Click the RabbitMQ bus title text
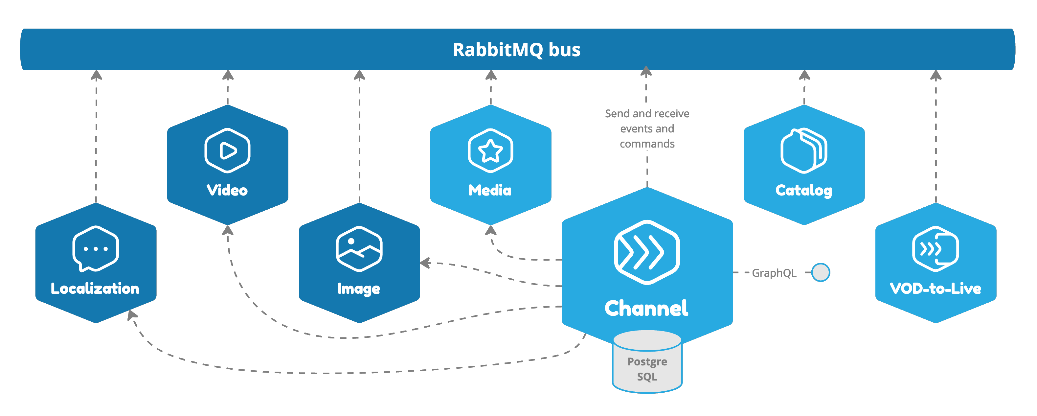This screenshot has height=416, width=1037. coord(516,50)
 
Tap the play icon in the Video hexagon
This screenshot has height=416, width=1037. coord(227,150)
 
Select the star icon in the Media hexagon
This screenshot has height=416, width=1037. coord(490,150)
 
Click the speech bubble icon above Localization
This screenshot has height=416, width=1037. coord(96,248)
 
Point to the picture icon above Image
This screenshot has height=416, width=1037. coord(359,248)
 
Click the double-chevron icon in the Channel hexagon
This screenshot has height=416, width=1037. coord(646,252)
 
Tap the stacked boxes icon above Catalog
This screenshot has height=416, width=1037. coord(803,150)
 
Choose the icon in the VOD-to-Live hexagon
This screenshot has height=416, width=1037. coord(935,248)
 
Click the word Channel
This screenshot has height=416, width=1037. coord(646,309)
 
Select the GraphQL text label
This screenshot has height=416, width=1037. coord(774,273)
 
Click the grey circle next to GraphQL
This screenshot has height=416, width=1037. coord(821,273)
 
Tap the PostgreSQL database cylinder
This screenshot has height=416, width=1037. coord(647,364)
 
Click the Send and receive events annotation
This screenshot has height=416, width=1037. coord(647,128)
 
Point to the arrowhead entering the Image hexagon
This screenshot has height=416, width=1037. coord(425,263)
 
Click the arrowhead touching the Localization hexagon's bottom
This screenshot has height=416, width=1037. coord(132,314)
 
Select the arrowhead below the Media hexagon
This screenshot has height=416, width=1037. coord(490,230)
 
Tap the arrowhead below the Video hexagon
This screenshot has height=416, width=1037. coord(228,230)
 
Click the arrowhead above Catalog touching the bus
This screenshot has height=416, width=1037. coord(804,75)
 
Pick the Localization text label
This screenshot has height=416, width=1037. coord(95,288)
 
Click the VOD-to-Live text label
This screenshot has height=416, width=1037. coord(935,288)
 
